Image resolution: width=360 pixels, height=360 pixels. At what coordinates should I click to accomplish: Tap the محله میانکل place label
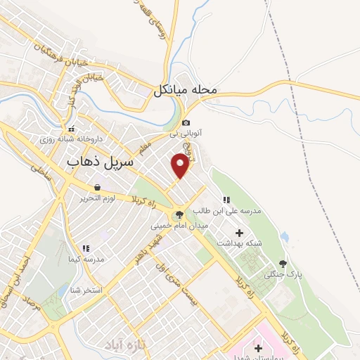(193, 90)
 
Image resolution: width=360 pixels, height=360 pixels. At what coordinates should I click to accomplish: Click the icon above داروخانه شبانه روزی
(71, 129)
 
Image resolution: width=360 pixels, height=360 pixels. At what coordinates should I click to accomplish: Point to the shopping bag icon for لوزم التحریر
(96, 187)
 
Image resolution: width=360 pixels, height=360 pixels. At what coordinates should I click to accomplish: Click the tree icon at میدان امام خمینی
(178, 215)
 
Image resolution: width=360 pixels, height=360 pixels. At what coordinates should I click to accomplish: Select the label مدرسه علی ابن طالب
(231, 210)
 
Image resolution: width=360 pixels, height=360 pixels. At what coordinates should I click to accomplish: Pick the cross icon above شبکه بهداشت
(239, 232)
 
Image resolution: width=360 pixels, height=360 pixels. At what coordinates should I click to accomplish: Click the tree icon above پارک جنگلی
(283, 263)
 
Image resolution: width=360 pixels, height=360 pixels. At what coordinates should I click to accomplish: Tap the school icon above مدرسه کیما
(86, 248)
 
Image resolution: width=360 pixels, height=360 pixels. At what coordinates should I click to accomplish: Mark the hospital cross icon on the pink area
(257, 348)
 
